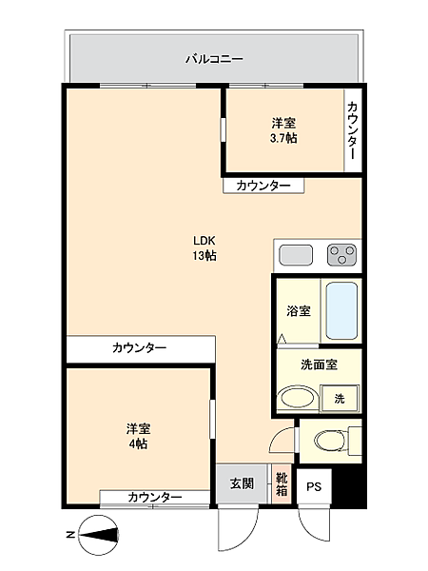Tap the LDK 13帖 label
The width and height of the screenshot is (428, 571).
pos(204,247)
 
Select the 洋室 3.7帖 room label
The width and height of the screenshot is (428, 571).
pos(283,130)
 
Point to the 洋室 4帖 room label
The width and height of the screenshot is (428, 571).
pos(139,436)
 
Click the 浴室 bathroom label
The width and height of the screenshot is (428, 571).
pos(298,311)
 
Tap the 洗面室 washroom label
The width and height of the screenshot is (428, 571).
pos(317,364)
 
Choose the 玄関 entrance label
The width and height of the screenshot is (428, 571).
pos(242,483)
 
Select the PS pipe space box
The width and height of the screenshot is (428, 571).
pos(314,486)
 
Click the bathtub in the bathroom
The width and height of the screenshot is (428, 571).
pos(340,310)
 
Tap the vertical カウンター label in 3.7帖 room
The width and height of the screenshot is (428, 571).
pos(353,131)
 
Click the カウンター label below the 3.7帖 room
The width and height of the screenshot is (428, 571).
pos(263,186)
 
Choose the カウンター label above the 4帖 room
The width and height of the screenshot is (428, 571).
pos(139,348)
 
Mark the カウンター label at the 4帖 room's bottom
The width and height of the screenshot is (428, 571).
pos(154,498)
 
